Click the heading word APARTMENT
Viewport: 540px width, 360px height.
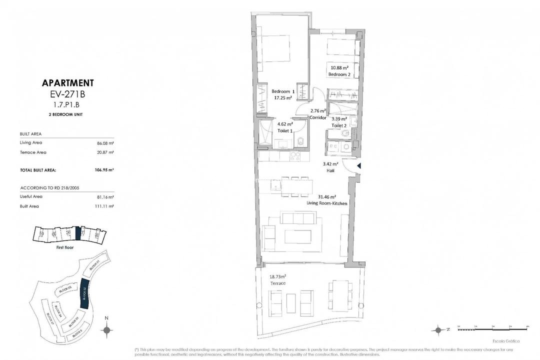68,83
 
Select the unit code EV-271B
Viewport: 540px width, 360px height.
68,93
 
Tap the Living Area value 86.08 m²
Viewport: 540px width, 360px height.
105,142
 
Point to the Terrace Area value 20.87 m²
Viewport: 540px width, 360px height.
105,152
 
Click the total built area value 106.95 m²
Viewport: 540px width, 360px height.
104,170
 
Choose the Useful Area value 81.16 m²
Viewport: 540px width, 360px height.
105,196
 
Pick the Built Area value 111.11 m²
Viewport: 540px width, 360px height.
105,206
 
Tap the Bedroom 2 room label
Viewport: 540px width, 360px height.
339,74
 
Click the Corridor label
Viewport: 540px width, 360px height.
318,118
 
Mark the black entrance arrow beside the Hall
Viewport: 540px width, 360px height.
358,166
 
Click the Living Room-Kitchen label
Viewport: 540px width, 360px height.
327,203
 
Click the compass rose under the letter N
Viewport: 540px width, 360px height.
106,329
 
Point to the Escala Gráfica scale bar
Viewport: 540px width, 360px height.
492,328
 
